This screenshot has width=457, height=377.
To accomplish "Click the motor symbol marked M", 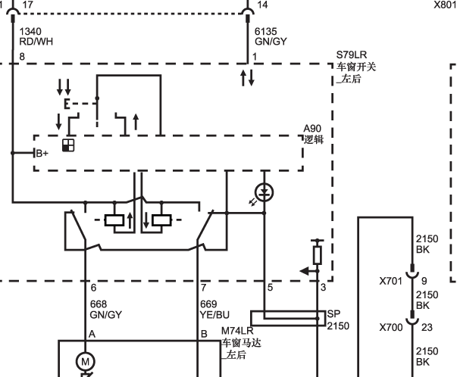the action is pos(85,362).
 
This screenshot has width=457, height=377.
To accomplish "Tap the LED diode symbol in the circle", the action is pos(264,192).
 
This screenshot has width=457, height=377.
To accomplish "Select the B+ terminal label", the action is pos(42,153).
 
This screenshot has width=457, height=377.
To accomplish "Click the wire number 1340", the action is pos(30,31).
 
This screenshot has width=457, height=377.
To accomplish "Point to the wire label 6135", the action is pos(266,31).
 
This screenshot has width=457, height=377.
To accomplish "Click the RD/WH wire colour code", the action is pos(36,42).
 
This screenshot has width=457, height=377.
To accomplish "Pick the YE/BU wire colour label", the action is pos(214,315).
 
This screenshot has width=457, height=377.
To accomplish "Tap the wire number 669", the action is pos(208,304).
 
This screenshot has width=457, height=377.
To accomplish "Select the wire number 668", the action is pos(99,304).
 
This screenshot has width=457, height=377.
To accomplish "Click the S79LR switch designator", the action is pos(352,55).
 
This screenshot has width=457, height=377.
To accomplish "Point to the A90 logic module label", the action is pos(312,129).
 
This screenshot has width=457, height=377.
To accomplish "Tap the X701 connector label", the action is pos(391,281).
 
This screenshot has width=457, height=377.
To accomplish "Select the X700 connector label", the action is pos(391,328).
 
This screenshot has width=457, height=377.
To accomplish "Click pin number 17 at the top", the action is pos(28,5).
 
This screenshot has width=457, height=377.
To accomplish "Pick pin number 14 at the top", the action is pos(262,5).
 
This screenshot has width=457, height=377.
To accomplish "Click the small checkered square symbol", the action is pos(68,145).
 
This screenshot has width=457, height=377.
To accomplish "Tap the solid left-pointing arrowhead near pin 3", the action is pos(305,271).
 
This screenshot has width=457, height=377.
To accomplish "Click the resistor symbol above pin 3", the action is pos(318,255).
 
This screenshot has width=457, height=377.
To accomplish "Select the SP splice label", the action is pos(333,314).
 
